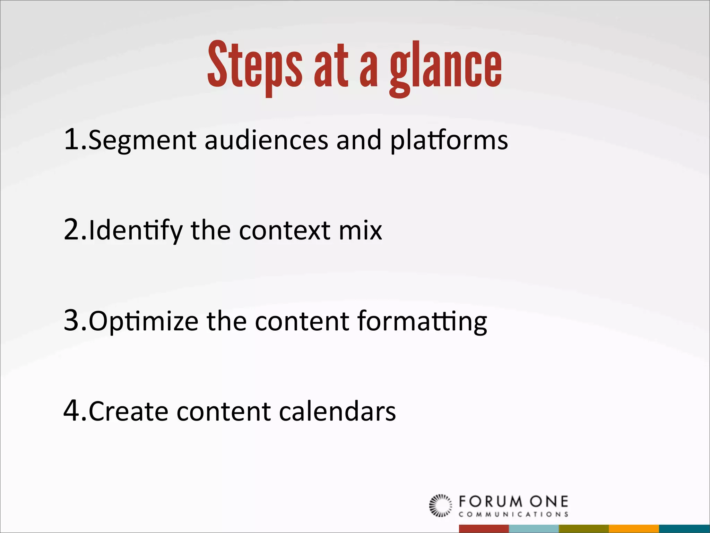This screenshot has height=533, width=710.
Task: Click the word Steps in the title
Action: click(x=255, y=66)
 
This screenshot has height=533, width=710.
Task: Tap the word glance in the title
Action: click(x=445, y=68)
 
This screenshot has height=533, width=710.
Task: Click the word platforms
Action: click(x=449, y=141)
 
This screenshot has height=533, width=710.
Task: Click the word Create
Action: click(x=129, y=411)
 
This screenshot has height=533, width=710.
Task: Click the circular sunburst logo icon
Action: click(x=441, y=505)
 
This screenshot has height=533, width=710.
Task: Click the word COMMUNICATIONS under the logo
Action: click(x=513, y=514)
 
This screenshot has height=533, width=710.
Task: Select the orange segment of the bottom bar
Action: click(x=634, y=528)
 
